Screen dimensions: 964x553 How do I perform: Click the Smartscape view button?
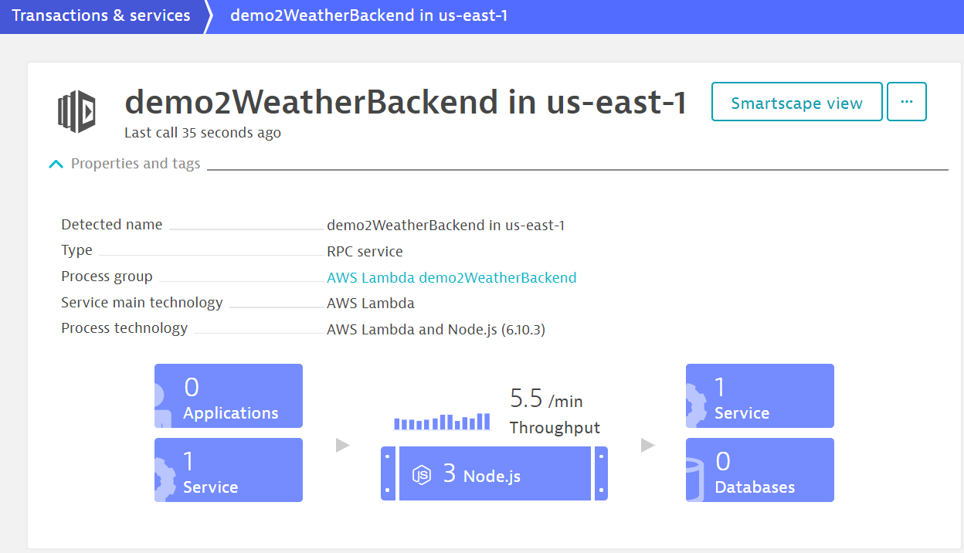pos(796,102)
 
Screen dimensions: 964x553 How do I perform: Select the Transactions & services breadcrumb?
pos(100,15)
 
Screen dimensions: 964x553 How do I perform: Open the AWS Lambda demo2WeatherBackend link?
pos(451,277)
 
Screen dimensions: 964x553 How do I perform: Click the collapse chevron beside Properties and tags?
pos(56,164)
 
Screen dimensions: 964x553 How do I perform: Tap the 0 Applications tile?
pos(229,396)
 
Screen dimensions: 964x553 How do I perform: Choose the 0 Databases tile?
pos(759,470)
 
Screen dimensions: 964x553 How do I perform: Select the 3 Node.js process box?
pos(494,473)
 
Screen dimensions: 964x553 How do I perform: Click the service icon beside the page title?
pos(76,111)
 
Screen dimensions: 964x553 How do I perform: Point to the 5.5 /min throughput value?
pos(546,399)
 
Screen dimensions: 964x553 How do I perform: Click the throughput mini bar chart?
pos(442,422)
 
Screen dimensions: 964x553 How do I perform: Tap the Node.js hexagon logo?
pos(421,475)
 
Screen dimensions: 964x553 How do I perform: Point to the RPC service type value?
pos(365,251)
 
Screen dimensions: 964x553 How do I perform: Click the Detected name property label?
pos(111,225)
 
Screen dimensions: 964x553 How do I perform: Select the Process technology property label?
pos(124,328)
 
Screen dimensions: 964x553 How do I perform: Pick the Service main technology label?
pos(142,303)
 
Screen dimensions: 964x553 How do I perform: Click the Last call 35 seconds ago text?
pos(202,133)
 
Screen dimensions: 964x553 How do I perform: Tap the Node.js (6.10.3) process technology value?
pos(496,330)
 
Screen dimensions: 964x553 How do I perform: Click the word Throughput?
pos(555,428)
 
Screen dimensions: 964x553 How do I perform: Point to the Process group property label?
pos(107,276)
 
